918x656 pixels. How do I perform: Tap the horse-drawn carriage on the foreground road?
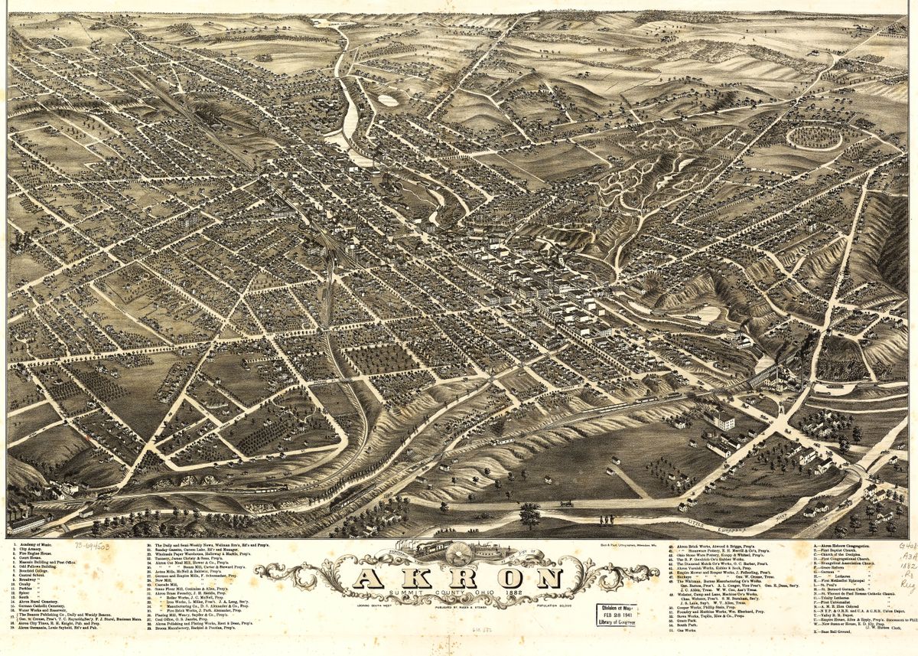[567, 503]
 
